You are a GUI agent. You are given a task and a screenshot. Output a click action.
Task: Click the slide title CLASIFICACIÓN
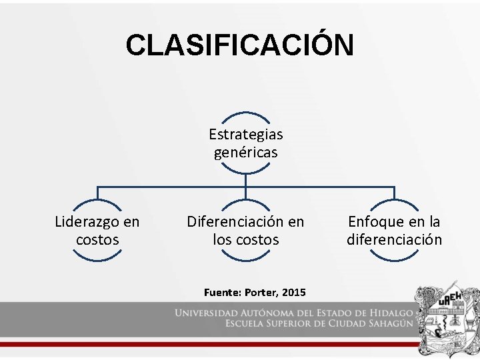pyautogui.click(x=240, y=45)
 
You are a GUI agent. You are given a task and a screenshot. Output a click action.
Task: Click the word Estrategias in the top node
pyautogui.click(x=245, y=134)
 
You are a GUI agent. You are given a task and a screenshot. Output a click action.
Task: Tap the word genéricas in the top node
pyautogui.click(x=245, y=153)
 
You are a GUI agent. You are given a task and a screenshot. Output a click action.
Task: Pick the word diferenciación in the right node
pyautogui.click(x=394, y=239)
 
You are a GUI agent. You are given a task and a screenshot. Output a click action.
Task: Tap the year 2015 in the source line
pyautogui.click(x=294, y=293)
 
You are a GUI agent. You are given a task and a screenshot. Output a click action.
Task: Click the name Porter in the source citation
pyautogui.click(x=262, y=293)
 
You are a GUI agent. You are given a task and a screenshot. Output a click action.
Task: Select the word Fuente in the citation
pyautogui.click(x=222, y=293)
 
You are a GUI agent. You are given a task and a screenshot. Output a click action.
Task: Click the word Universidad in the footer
pyautogui.click(x=207, y=313)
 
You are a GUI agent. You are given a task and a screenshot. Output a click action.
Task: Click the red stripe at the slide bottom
pyautogui.click(x=200, y=344)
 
